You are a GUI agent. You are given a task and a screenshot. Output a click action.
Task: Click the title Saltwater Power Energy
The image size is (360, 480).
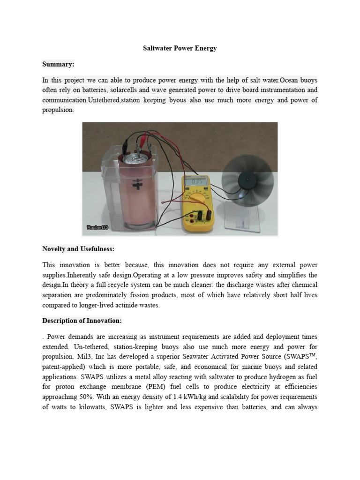[180, 48]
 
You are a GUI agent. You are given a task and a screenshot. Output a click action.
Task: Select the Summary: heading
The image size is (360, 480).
[58, 64]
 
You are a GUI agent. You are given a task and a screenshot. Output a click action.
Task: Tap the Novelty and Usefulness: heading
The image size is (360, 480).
[78, 248]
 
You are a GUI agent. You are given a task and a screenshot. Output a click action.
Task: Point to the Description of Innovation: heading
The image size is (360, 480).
[82, 321]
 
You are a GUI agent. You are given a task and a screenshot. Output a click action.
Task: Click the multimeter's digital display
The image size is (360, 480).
[195, 181]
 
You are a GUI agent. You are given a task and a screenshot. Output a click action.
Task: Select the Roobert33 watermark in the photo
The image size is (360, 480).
[97, 227]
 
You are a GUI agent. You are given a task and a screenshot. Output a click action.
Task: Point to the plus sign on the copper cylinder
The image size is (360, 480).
[137, 182]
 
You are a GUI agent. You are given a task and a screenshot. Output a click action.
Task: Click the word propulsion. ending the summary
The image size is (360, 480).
[58, 110]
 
